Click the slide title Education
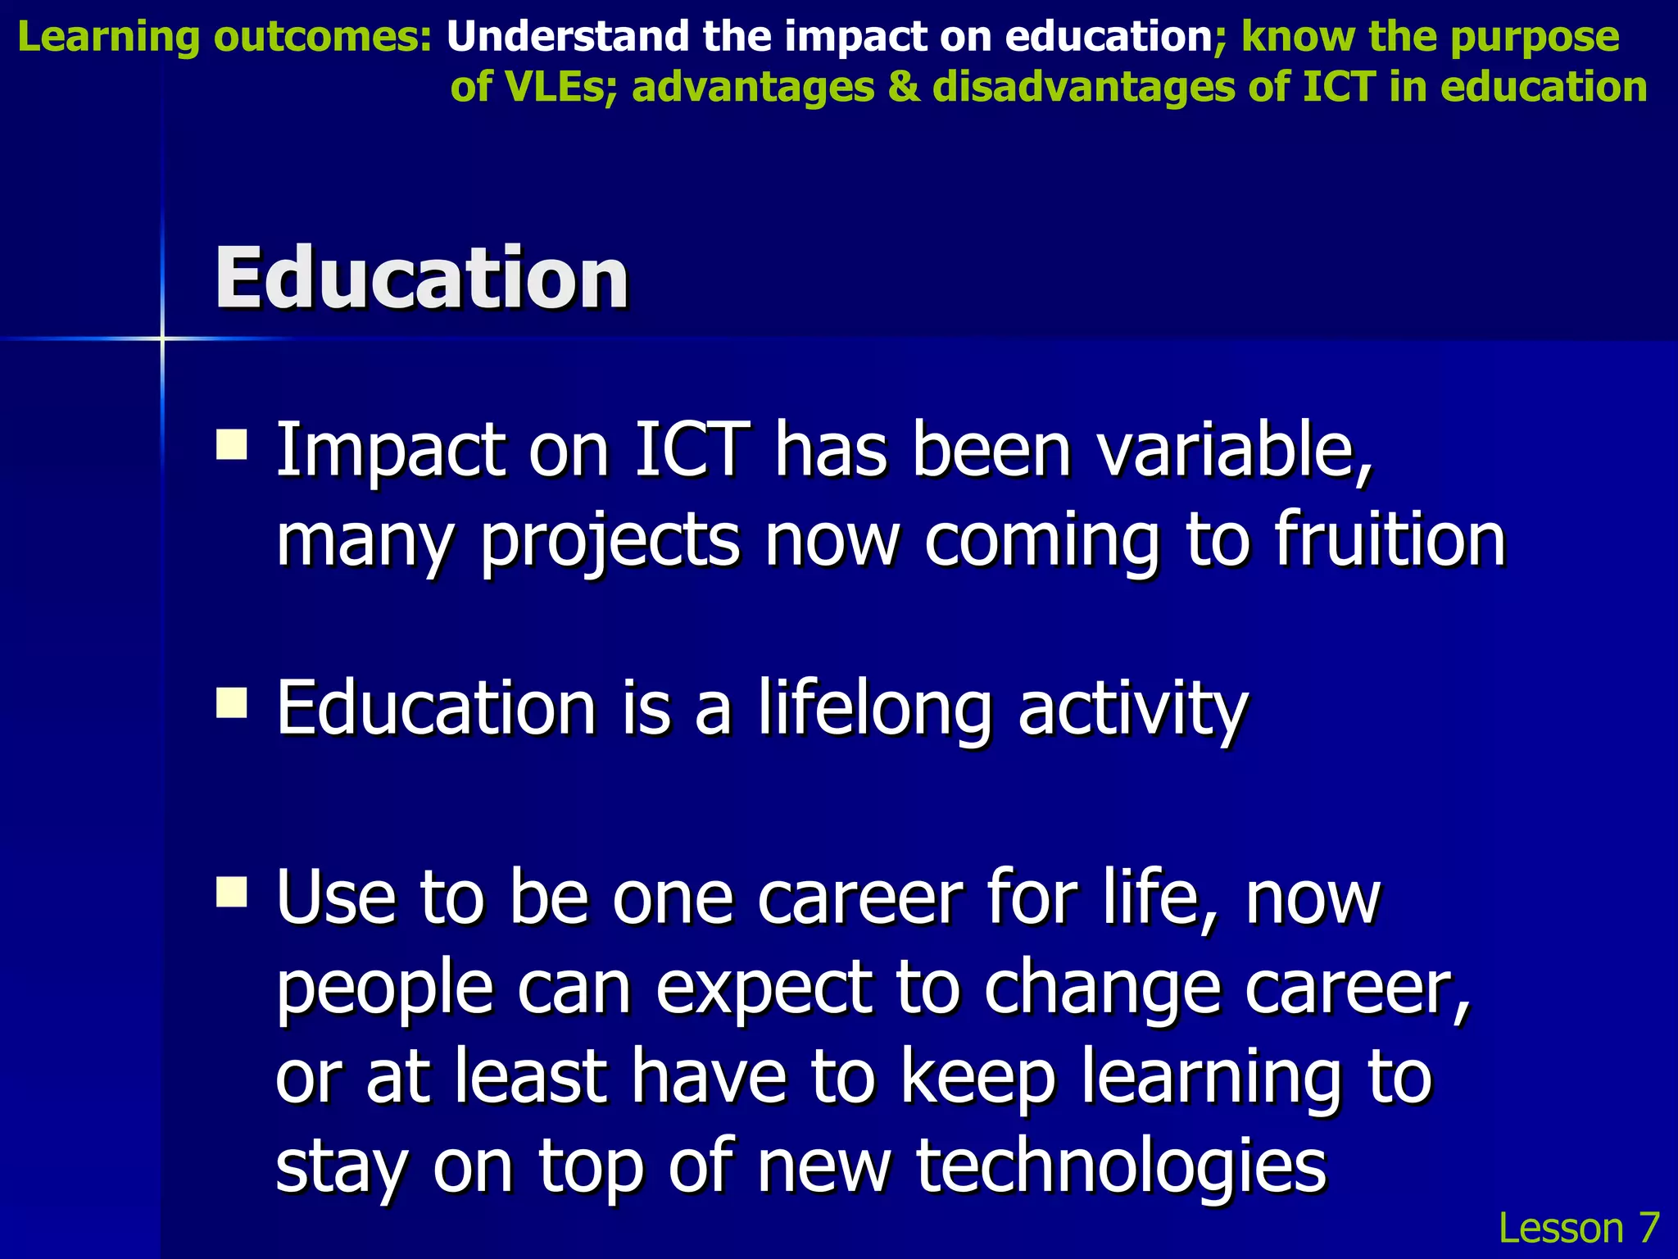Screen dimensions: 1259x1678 421,280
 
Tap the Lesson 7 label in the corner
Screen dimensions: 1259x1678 1578,1228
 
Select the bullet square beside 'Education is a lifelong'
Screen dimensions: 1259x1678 232,702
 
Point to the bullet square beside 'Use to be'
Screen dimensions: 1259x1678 232,892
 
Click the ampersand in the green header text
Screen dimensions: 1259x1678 904,87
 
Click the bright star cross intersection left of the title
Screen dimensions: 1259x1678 162,338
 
